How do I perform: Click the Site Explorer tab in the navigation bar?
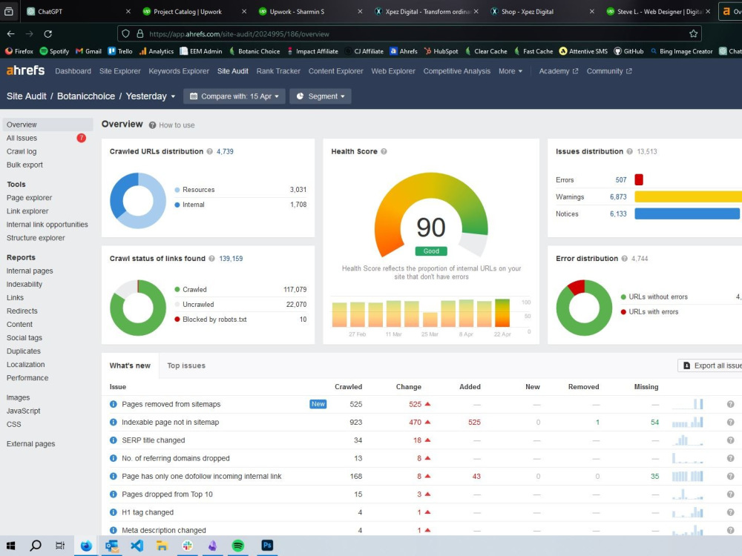click(x=119, y=71)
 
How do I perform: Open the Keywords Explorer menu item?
click(x=179, y=71)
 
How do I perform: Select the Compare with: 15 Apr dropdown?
click(x=234, y=96)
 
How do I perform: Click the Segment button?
click(x=321, y=96)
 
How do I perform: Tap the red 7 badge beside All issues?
click(x=82, y=138)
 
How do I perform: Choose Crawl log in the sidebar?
click(x=22, y=151)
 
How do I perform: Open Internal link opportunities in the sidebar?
click(x=47, y=225)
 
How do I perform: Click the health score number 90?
click(x=430, y=228)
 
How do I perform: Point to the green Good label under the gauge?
click(x=431, y=251)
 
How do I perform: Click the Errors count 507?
click(x=621, y=179)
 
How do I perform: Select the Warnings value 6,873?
click(x=618, y=196)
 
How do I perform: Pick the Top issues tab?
click(x=186, y=365)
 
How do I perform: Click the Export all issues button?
click(x=711, y=365)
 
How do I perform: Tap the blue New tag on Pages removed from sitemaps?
click(x=318, y=404)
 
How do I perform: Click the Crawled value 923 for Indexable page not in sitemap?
click(x=356, y=423)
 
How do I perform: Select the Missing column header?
click(x=646, y=387)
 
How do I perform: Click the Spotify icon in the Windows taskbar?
click(x=238, y=546)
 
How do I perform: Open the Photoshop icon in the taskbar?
click(x=267, y=546)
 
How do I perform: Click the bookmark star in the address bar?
click(x=693, y=33)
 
